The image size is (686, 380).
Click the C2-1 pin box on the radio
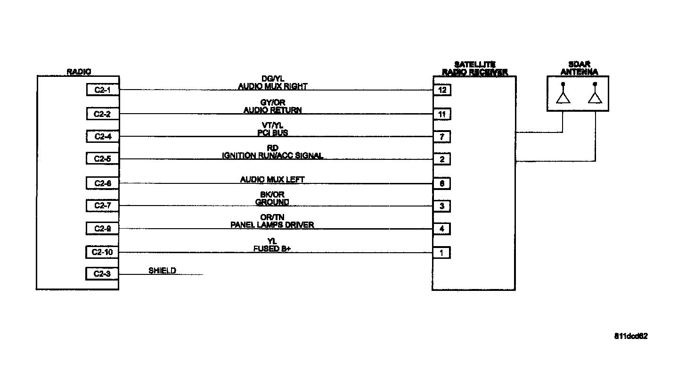[102, 90]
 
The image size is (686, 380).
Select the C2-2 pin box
[102, 114]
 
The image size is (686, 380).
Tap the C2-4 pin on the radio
[102, 137]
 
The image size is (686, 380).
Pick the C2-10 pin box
[102, 252]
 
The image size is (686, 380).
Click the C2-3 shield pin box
[102, 273]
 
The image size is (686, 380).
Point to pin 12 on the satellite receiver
[442, 90]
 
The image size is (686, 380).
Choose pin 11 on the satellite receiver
[442, 114]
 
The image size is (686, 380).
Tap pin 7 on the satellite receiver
[442, 137]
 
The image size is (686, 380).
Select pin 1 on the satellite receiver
[442, 253]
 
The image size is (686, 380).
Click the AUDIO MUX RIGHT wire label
[272, 86]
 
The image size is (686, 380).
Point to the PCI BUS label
[272, 133]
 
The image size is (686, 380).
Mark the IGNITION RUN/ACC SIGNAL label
[272, 156]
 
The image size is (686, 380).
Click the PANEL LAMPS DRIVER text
[272, 225]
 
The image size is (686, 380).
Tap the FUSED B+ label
[272, 248]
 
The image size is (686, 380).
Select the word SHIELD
[162, 271]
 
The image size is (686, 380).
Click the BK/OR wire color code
[272, 194]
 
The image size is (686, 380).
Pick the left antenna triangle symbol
[563, 97]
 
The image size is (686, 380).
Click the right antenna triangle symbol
[595, 97]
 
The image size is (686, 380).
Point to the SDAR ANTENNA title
[579, 69]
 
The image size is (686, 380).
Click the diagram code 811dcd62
[631, 336]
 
